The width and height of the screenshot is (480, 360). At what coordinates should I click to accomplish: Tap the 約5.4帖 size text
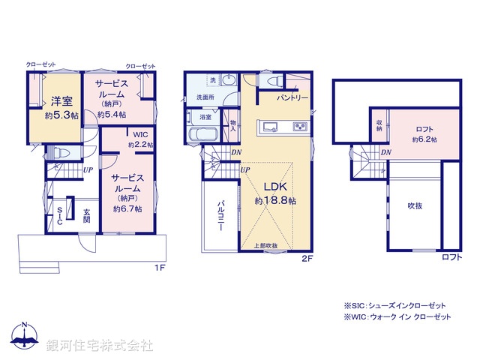(112, 114)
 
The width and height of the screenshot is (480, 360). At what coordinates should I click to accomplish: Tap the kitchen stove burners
(300, 126)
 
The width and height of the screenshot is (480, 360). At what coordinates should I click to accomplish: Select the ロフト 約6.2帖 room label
(424, 133)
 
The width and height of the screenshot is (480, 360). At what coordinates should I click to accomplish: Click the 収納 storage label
(380, 127)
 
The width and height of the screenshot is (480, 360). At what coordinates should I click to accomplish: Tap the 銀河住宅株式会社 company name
(100, 346)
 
